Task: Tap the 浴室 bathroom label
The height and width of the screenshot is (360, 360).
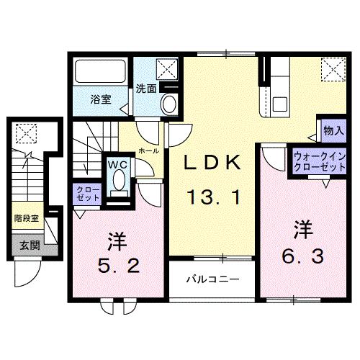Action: point(101,99)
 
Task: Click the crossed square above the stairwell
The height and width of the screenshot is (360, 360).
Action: point(26,133)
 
